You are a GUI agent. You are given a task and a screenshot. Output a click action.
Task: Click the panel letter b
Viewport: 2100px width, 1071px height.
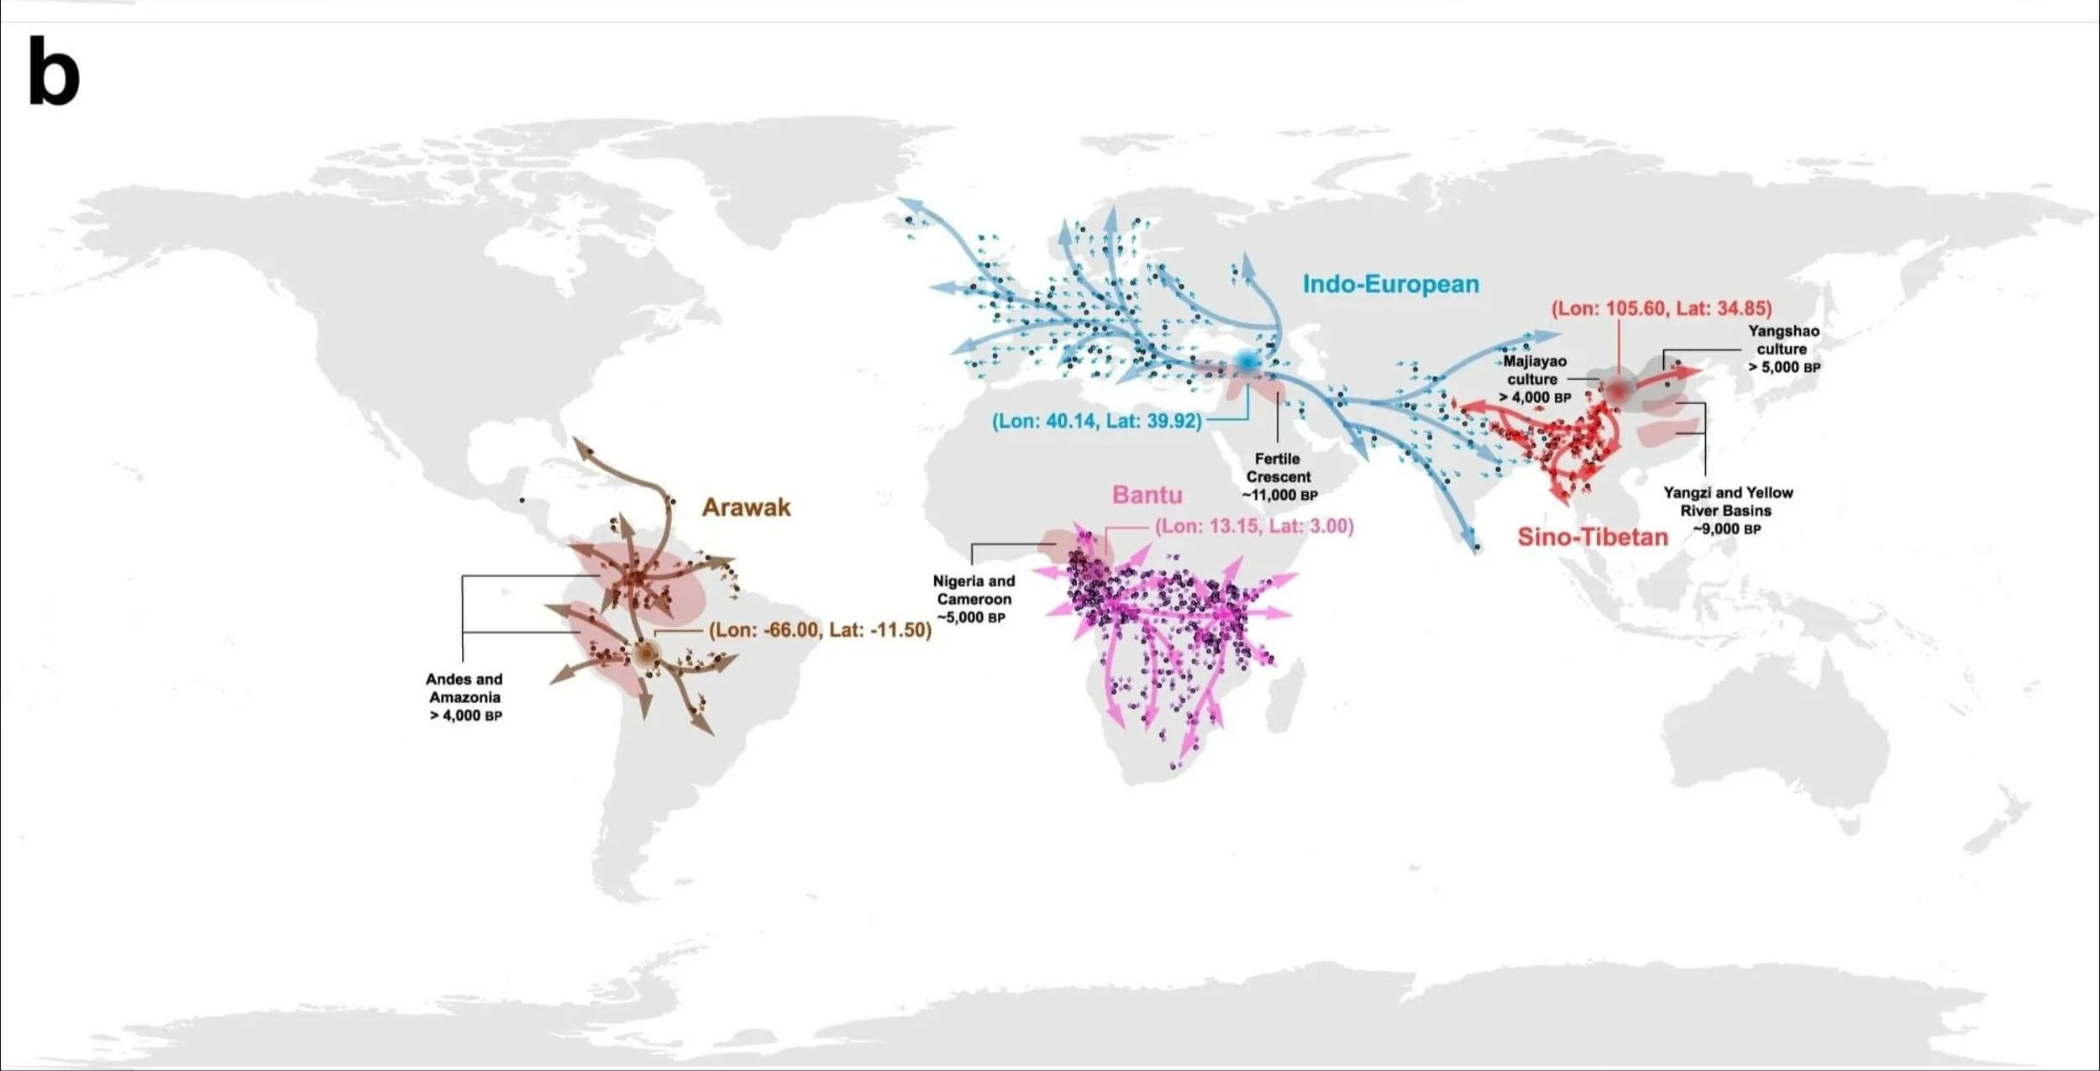point(54,73)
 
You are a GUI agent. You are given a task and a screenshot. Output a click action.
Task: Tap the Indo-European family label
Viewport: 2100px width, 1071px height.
point(1390,285)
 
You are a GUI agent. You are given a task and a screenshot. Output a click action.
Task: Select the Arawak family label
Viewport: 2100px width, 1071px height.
point(746,507)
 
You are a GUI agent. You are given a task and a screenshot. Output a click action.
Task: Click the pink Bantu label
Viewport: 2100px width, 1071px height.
point(1147,495)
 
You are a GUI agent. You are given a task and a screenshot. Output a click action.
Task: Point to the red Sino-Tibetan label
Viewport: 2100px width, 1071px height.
point(1592,538)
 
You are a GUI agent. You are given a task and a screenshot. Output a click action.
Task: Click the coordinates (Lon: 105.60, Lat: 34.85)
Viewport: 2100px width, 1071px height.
point(1661,308)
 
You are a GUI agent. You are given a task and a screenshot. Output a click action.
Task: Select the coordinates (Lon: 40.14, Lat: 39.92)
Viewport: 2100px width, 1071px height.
point(1096,421)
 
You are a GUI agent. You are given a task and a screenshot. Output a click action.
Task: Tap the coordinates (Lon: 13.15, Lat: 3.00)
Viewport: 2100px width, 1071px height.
point(1254,527)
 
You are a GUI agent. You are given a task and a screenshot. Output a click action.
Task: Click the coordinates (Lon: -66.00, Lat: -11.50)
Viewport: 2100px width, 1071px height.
point(820,630)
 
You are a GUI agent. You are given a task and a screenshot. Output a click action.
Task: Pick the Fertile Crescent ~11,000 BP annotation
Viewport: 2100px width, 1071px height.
point(1278,477)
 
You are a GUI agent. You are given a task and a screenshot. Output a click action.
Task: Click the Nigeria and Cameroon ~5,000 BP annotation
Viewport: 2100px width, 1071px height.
point(974,599)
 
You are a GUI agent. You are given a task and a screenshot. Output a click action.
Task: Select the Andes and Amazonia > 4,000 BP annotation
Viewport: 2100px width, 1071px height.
point(465,697)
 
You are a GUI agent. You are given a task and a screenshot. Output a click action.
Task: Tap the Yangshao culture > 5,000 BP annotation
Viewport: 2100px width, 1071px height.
point(1783,349)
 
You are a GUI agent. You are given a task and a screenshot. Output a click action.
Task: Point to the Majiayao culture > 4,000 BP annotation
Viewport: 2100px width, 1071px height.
point(1534,379)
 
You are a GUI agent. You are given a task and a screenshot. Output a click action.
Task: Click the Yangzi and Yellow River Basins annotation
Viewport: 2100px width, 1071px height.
point(1727,511)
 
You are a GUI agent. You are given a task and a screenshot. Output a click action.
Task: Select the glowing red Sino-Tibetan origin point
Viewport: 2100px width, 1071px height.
point(1617,391)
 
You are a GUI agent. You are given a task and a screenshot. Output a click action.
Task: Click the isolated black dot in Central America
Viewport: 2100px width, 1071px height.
point(522,501)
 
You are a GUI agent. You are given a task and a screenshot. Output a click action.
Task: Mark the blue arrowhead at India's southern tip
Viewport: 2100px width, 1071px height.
point(1474,546)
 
